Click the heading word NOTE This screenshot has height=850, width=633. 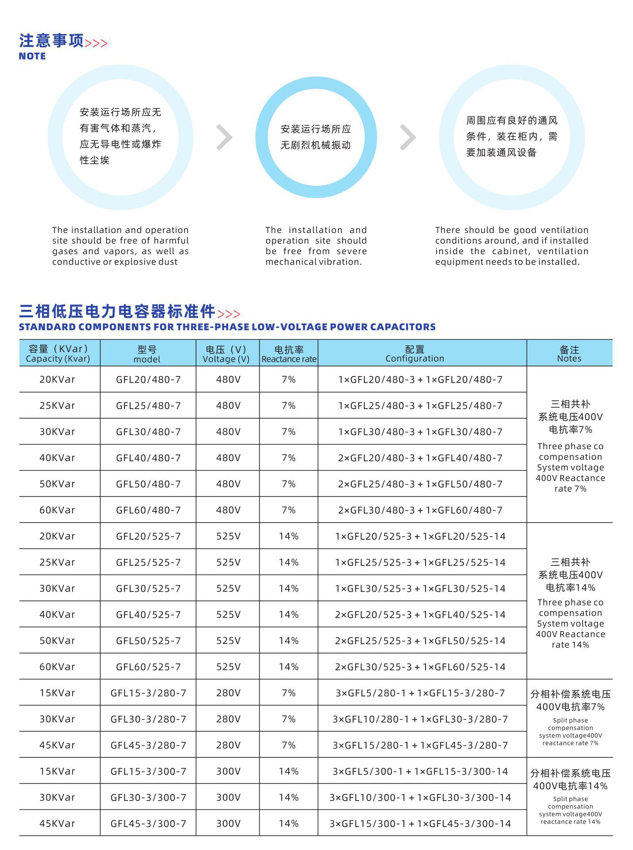(x=32, y=56)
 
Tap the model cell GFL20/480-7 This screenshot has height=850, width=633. (x=148, y=380)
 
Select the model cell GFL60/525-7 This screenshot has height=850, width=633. (x=148, y=667)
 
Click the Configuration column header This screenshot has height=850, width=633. (x=415, y=354)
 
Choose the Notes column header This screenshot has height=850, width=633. (x=569, y=354)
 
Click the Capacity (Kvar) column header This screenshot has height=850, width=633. (x=58, y=354)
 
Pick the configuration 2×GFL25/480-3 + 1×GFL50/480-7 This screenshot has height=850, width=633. (x=420, y=484)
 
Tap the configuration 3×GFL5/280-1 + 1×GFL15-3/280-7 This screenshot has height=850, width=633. (x=420, y=693)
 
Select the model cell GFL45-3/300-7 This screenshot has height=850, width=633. (x=148, y=824)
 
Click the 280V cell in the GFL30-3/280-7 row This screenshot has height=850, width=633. (x=228, y=719)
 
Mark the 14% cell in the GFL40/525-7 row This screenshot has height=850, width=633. (x=289, y=614)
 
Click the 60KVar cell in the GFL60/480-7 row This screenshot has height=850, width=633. (x=57, y=510)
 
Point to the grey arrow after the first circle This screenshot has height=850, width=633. (x=225, y=138)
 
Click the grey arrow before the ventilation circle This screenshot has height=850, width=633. (x=408, y=138)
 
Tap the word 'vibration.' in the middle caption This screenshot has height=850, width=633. (x=340, y=262)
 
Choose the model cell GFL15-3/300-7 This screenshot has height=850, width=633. (x=148, y=771)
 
